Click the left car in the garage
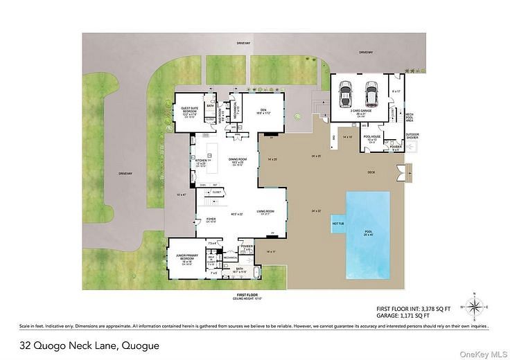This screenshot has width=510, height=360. coord(346,93)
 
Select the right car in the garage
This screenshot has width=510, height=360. coord(371,93)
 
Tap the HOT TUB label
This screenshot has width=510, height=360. coord(338,224)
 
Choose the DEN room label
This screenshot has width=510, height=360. coord(263,110)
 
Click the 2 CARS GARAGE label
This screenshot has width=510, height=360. coord(359,111)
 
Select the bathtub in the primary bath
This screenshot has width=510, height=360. coord(258,273)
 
